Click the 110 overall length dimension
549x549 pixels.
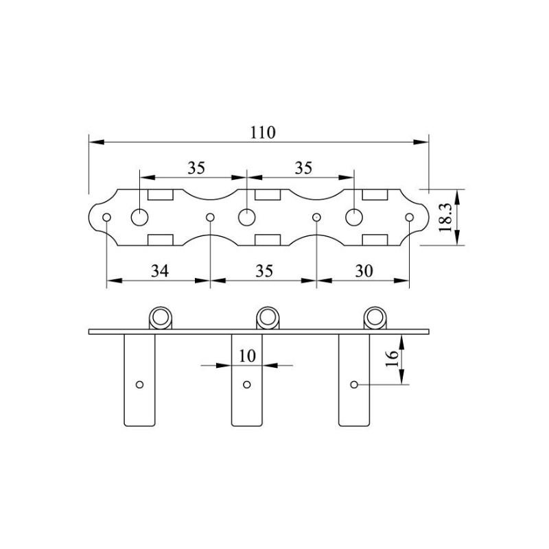pos(263,132)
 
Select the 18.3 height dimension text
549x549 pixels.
pos(445,218)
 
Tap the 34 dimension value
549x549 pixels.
pos(160,271)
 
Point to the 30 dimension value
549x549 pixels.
pos(364,271)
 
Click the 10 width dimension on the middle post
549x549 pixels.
pos(247,356)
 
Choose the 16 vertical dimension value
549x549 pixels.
pos(392,358)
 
